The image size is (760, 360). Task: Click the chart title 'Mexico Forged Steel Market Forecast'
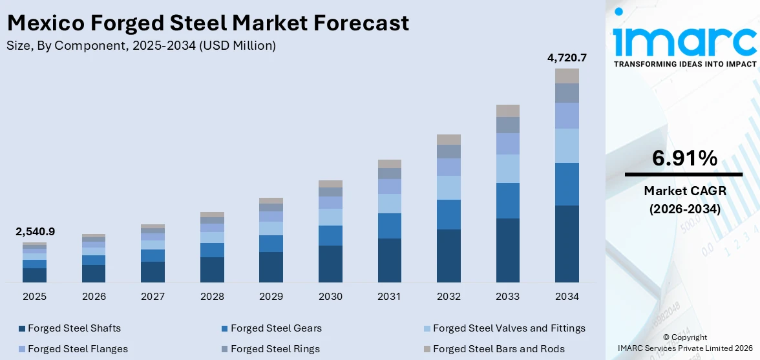(x=207, y=23)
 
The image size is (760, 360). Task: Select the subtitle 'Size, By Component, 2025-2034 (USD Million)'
(x=141, y=45)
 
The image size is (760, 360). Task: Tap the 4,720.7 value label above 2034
(x=567, y=58)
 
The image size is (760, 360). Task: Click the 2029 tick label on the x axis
(x=271, y=296)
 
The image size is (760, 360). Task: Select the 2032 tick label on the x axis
(x=449, y=296)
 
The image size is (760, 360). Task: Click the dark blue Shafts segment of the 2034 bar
(x=567, y=244)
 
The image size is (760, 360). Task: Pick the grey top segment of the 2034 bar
(x=567, y=76)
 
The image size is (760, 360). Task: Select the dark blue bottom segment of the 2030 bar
(x=330, y=264)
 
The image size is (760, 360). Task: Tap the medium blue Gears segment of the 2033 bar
(x=507, y=200)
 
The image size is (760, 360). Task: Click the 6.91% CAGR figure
(x=684, y=158)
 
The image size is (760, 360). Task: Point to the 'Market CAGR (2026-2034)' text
(x=684, y=200)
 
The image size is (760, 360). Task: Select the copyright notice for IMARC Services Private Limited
(x=684, y=343)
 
